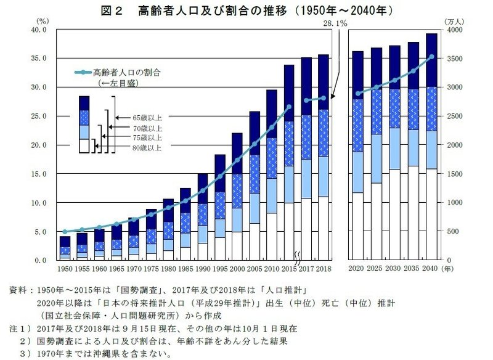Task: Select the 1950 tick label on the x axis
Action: (x=65, y=269)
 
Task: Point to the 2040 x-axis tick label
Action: (x=431, y=269)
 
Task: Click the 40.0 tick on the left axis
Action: (x=39, y=30)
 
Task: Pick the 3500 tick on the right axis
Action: (x=454, y=59)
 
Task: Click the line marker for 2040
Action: (x=431, y=57)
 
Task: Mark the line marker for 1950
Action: (x=65, y=232)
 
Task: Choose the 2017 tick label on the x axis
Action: (x=310, y=269)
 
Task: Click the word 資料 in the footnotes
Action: (x=18, y=288)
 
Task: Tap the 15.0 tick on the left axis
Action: (x=39, y=174)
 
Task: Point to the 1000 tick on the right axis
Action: (x=454, y=203)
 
